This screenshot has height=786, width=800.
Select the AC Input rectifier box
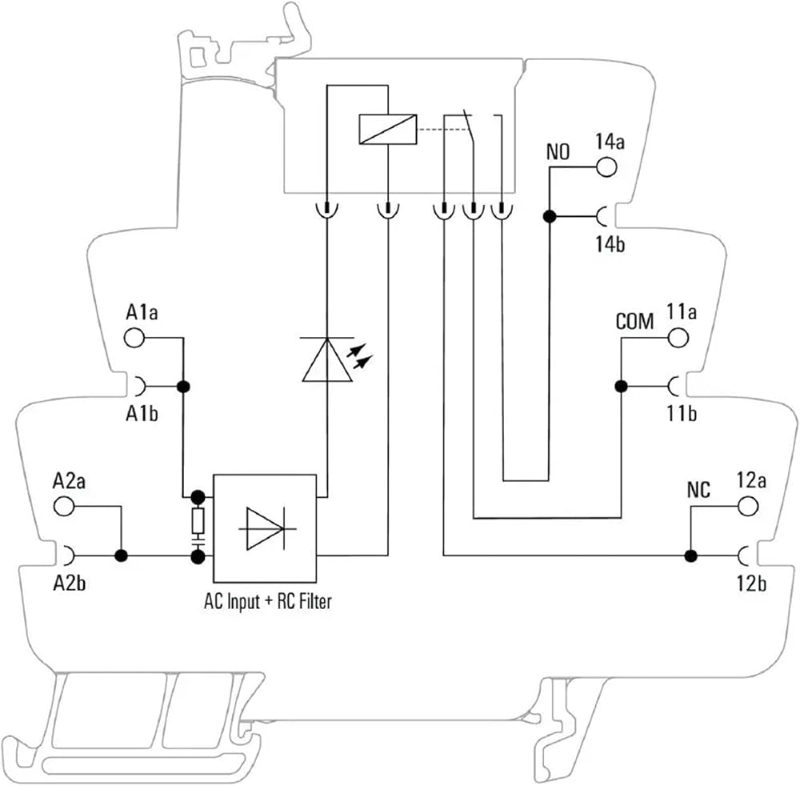tap(265, 528)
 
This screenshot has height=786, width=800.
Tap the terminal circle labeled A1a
tap(134, 337)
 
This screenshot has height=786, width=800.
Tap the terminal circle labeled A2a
tap(64, 506)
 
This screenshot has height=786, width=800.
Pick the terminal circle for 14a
tap(606, 167)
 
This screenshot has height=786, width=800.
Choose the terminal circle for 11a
tap(678, 337)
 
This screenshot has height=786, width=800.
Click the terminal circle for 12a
tap(748, 506)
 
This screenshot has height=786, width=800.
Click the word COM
tap(634, 322)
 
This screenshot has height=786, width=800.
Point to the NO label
tap(558, 151)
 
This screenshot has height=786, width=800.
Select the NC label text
tap(698, 490)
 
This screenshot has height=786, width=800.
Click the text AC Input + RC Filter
tap(268, 601)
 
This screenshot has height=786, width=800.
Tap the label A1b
tap(142, 414)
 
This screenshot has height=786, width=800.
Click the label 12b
tap(751, 583)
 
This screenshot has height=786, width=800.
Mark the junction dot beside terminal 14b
tap(550, 216)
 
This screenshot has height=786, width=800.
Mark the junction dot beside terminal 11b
tap(621, 387)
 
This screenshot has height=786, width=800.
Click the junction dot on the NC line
tap(691, 555)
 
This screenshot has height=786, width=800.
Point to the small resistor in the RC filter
tap(198, 520)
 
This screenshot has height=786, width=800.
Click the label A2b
tap(70, 583)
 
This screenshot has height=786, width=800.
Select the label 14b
tap(610, 244)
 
